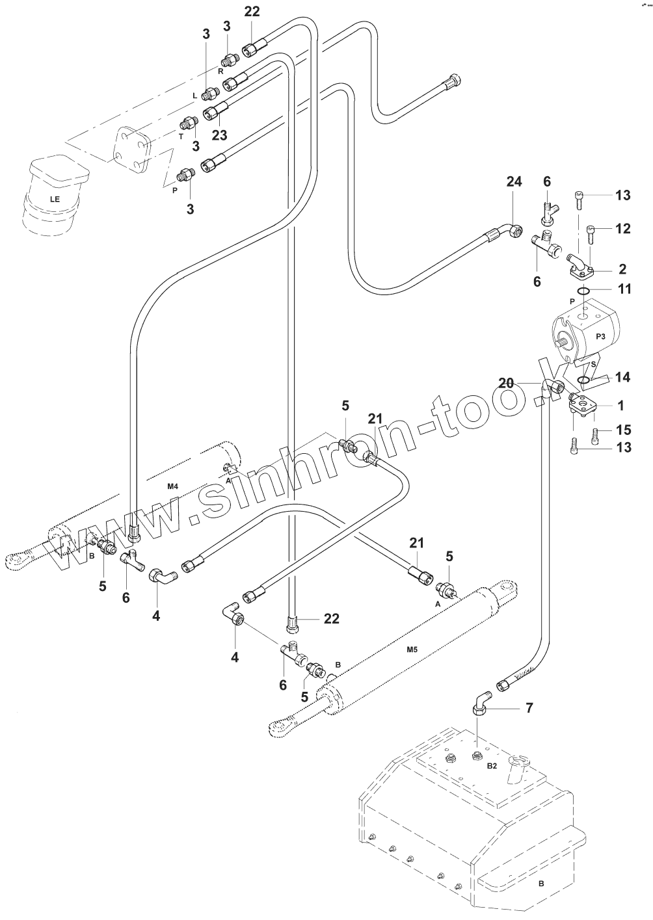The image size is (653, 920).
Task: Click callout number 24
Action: tap(514, 181)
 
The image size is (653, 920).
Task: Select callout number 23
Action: tap(219, 135)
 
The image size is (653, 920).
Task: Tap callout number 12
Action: tap(623, 229)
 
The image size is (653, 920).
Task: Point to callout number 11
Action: tap(624, 289)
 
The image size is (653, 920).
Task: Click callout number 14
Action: tap(623, 377)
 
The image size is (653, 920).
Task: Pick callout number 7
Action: tap(529, 707)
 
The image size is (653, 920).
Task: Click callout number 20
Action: tap(506, 383)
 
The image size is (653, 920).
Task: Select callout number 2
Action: tap(622, 269)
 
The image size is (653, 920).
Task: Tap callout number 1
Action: tap(621, 406)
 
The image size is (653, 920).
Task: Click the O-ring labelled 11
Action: tap(583, 291)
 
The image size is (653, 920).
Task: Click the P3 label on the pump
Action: tap(600, 336)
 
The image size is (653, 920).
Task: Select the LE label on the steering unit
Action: tap(55, 199)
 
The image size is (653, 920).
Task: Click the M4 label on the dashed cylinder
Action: tap(172, 486)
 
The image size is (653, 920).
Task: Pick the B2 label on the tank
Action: tap(492, 765)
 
